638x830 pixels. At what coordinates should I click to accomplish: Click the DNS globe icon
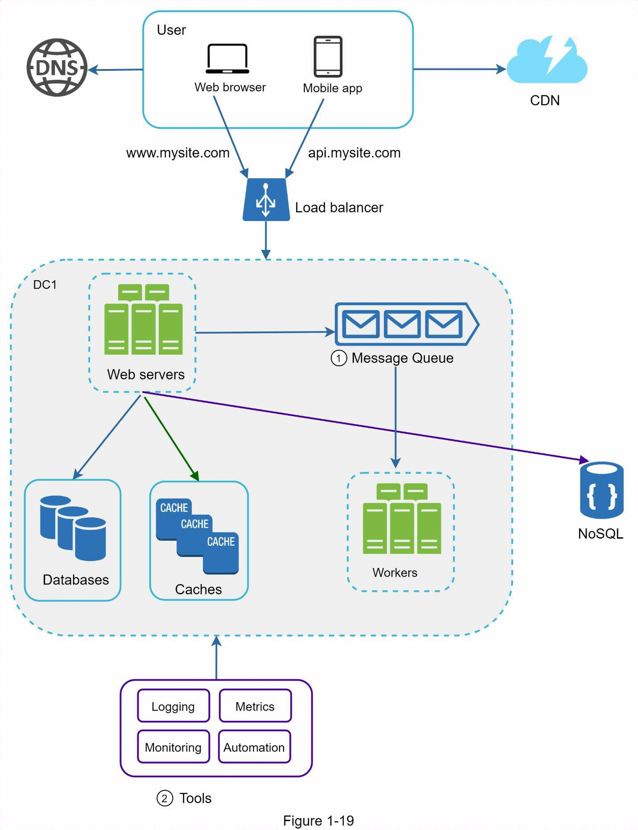coord(57,68)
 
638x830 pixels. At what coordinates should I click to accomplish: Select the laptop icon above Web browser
coord(227,59)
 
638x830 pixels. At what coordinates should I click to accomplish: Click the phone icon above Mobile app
coord(328,57)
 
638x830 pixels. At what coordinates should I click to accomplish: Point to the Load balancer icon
coord(266,200)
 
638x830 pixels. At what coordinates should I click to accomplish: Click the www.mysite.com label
coord(178,153)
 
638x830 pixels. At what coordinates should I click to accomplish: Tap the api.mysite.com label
coord(354,153)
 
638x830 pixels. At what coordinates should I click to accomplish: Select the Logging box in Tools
coord(173,706)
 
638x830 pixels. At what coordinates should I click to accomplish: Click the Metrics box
coord(255,706)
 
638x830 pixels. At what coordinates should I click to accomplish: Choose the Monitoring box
coord(173,747)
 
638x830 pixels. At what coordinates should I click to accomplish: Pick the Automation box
coord(254,747)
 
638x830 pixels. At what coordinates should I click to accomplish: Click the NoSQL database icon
coord(601,490)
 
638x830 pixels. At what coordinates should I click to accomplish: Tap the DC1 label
coord(45,285)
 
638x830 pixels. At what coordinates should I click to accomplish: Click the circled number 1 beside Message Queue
coord(339,358)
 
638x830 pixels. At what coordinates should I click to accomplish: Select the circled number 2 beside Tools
coord(165,798)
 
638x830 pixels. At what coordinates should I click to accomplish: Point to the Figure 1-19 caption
coord(318,821)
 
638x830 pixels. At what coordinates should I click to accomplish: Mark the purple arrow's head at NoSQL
coord(584,459)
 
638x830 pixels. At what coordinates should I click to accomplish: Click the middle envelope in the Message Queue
coord(402,324)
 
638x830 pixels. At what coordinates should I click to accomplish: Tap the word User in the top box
coord(171,30)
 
